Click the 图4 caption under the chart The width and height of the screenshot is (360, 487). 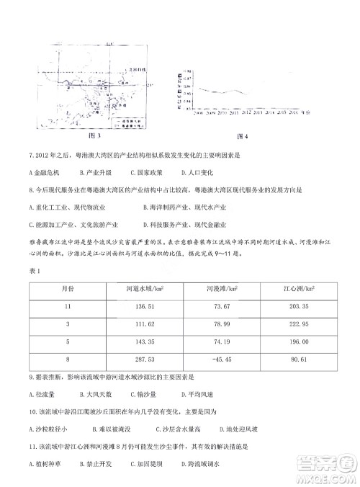coord(241,135)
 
